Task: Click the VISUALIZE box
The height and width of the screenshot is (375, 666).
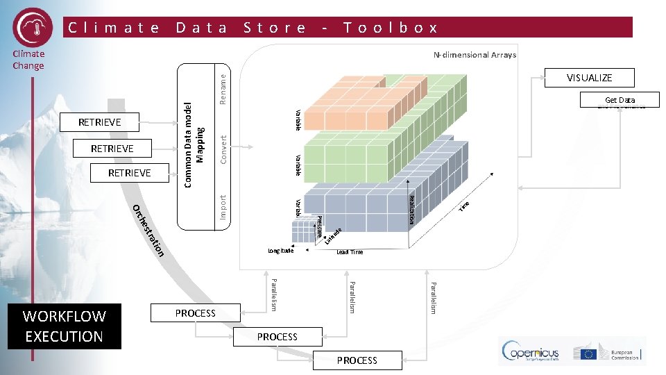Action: point(589,78)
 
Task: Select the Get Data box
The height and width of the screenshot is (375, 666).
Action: point(620,100)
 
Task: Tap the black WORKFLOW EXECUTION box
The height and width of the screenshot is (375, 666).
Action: point(64,326)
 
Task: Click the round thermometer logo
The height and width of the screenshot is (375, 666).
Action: point(33,27)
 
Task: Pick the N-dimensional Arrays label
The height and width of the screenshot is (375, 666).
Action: point(475,55)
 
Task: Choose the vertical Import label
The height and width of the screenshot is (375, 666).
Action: point(223,207)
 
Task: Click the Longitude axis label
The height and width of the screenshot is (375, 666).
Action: point(281,251)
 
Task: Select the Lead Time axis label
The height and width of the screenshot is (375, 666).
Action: point(350,252)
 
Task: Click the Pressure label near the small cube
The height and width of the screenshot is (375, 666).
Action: point(318,228)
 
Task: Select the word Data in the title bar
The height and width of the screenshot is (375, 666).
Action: point(201,28)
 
